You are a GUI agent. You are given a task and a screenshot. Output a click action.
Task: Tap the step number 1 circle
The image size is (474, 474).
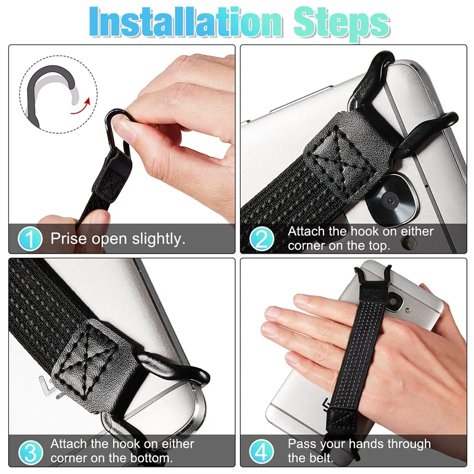[30, 239]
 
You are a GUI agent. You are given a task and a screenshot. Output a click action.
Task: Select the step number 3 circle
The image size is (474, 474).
[30, 451]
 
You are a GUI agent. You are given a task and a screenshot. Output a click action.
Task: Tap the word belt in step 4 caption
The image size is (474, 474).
[319, 457]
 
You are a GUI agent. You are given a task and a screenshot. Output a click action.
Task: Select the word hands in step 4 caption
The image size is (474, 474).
[367, 444]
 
